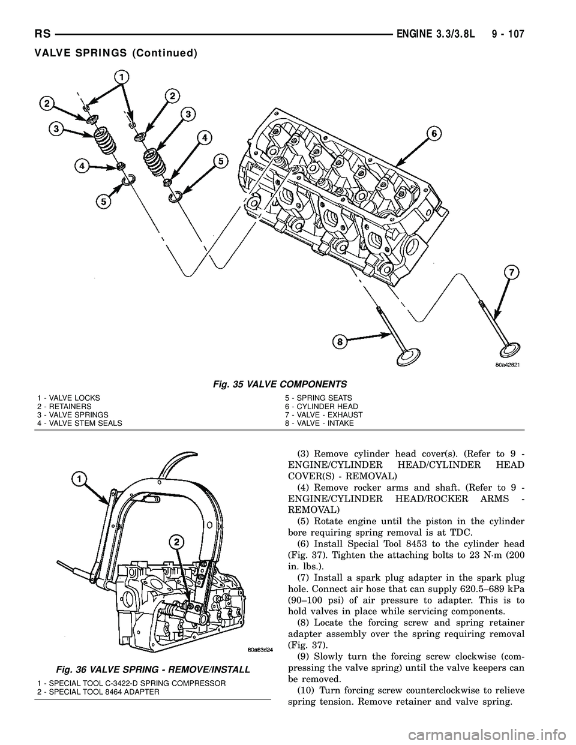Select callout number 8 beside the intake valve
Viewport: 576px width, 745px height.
click(339, 342)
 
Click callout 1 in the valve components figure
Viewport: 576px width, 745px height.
click(122, 77)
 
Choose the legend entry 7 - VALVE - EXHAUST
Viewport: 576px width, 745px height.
click(323, 414)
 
